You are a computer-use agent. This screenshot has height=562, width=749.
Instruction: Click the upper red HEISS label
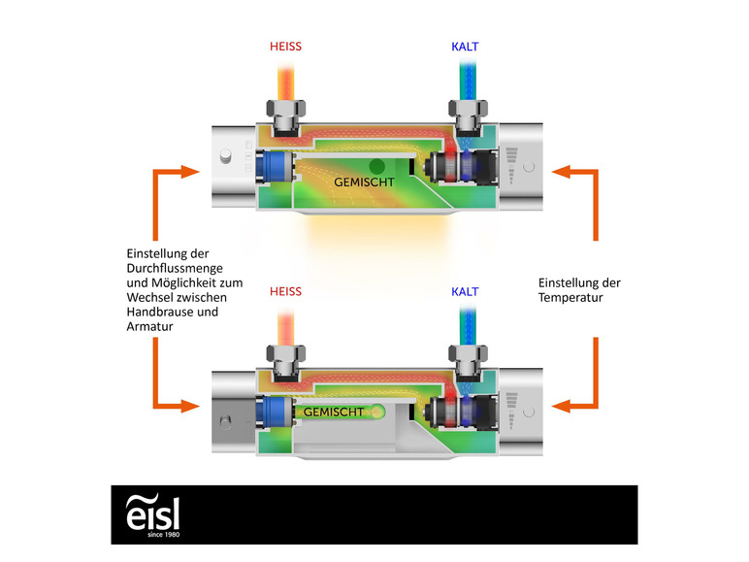click(285, 47)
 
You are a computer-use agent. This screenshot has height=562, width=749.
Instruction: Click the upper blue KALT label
click(465, 47)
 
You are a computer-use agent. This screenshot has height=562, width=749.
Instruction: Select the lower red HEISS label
click(285, 291)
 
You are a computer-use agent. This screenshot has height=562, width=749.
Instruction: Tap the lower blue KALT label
click(465, 291)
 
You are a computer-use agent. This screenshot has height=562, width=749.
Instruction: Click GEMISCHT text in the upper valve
click(364, 182)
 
